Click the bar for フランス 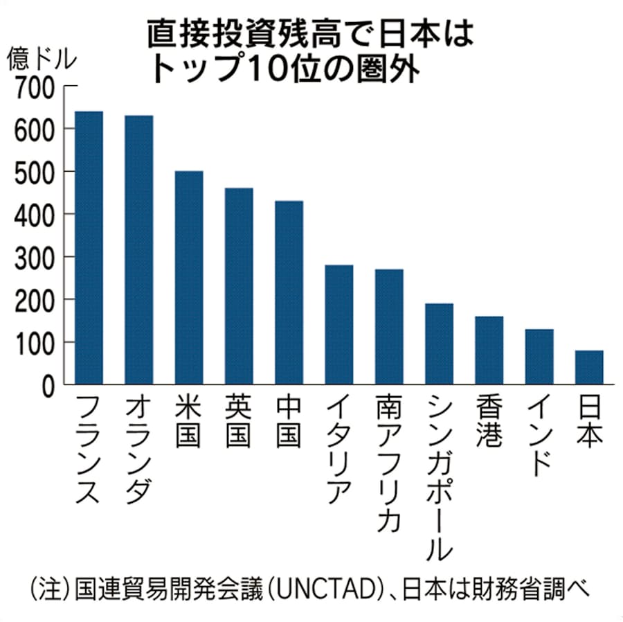tap(89, 247)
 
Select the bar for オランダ tap(138, 249)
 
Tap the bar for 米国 tap(189, 277)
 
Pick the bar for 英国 tap(239, 285)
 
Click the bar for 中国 tap(289, 292)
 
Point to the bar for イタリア tap(339, 324)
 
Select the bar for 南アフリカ tap(389, 326)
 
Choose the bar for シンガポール tap(439, 344)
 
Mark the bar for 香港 tap(489, 350)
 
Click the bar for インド tap(539, 356)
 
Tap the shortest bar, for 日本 tap(589, 367)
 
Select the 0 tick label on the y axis tap(47, 385)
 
